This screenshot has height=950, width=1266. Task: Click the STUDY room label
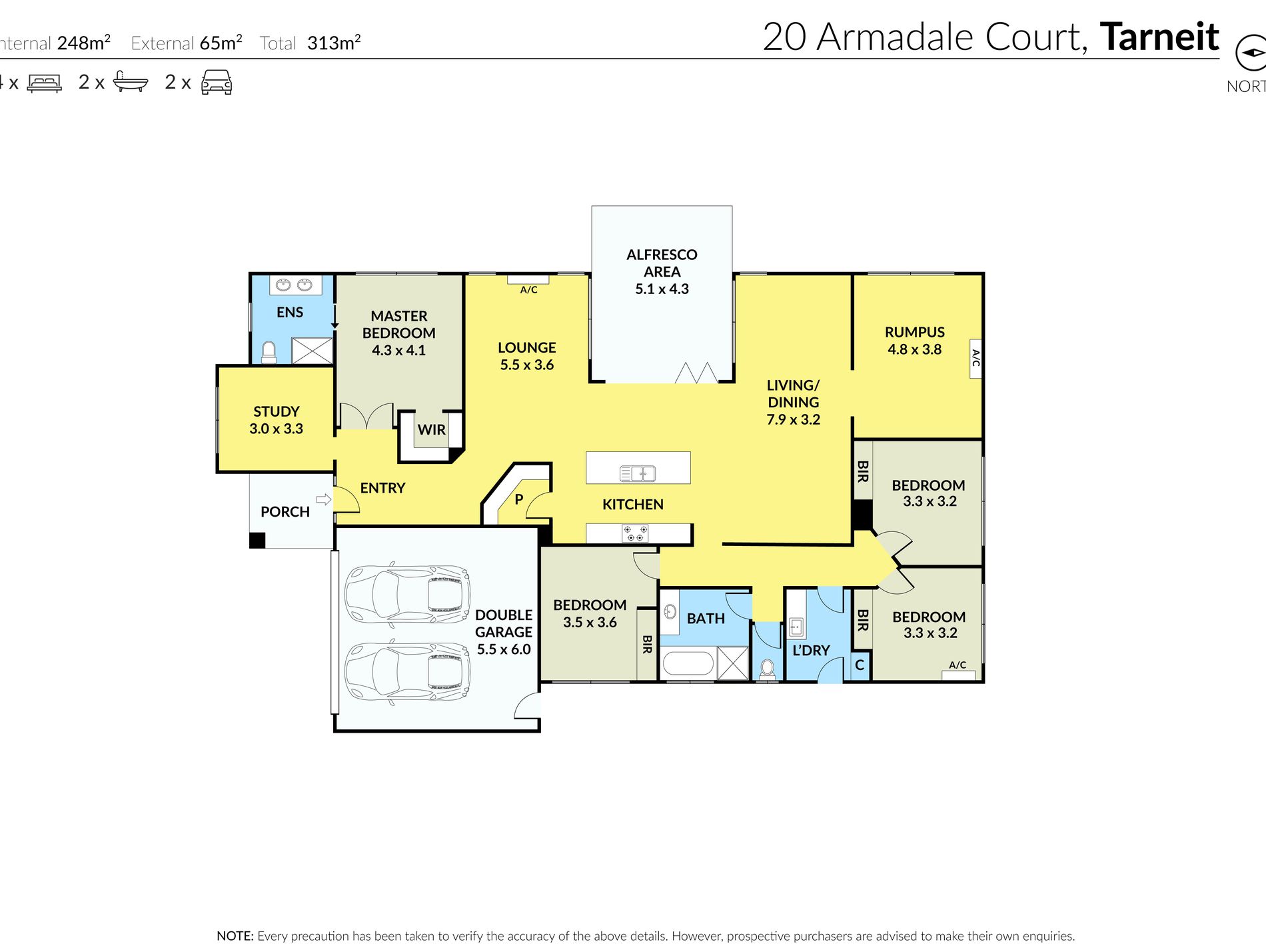coord(277,411)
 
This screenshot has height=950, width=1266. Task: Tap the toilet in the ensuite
coord(269,353)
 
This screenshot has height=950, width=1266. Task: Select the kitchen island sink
coord(638,473)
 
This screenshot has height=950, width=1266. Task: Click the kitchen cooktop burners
coord(635,533)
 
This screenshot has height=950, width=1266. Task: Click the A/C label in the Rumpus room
coord(975,358)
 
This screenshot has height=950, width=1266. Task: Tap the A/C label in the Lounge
coord(528,289)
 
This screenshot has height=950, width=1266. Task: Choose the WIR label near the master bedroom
coord(432,430)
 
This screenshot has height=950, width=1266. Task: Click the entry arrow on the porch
coord(323,499)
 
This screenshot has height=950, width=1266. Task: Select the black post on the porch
coord(257,540)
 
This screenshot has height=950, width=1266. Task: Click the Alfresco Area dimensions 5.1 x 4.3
coord(662,289)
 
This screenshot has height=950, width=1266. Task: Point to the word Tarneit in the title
coord(1159,37)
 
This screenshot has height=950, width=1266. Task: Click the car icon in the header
coord(217,82)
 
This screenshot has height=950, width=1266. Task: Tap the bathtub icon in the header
coord(130,81)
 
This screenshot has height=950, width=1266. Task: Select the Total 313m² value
coord(334,43)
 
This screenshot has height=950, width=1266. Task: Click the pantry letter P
coord(519,499)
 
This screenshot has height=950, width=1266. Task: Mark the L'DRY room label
coord(811,650)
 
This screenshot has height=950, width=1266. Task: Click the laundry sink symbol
coord(796,626)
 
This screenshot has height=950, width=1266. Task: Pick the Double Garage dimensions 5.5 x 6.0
coord(504,649)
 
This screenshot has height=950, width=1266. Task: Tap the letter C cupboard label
coord(860,665)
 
